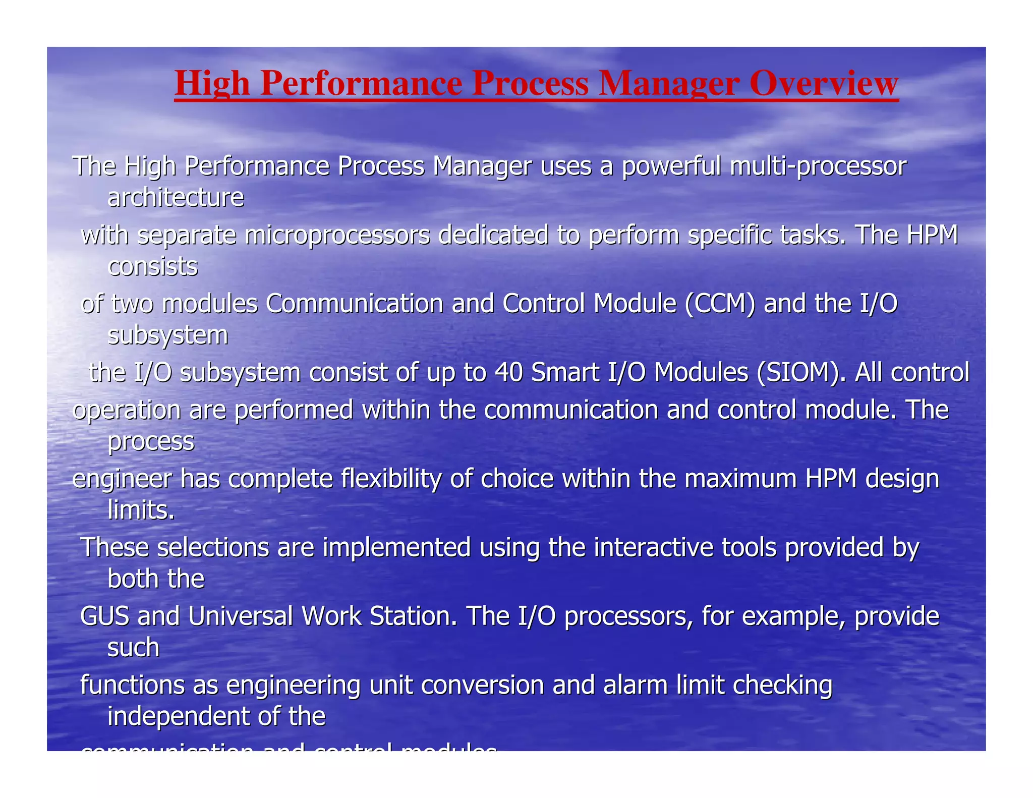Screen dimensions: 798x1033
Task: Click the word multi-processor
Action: (x=818, y=166)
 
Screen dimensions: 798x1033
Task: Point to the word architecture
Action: (x=176, y=197)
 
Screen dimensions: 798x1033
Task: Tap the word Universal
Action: (x=241, y=616)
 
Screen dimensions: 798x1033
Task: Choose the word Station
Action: (x=413, y=616)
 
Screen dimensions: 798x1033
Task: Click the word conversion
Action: (x=482, y=686)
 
